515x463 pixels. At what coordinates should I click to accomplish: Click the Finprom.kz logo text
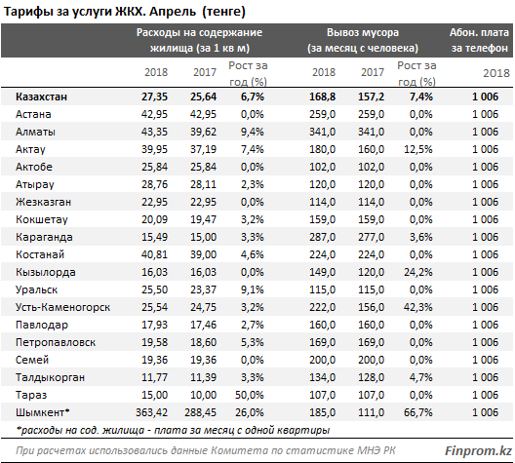coord(478,450)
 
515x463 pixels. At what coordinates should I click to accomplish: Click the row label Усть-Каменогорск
coord(62,307)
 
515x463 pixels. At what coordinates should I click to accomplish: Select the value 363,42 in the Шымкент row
coord(151,412)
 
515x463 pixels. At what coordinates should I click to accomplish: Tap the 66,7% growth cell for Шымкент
coord(418,412)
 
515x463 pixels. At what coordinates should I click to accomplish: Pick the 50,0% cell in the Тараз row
coord(250,395)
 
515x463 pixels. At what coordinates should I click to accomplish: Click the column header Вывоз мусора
coord(363,32)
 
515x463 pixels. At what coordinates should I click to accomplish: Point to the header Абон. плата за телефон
coord(479,40)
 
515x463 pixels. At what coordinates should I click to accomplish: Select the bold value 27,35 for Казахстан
coord(154,96)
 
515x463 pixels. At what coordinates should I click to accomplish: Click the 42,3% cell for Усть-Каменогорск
coord(418,307)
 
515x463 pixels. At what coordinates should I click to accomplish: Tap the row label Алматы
coord(35,132)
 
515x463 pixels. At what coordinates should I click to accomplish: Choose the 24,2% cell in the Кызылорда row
coord(418,272)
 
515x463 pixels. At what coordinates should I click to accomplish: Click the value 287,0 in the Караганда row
coord(322,237)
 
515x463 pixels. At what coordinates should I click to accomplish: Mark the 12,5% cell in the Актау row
coord(418,149)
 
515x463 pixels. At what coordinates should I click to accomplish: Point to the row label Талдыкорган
coord(50,377)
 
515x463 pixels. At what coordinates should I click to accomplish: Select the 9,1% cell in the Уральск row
coord(253,289)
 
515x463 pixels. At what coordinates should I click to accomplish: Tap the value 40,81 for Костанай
coord(154,254)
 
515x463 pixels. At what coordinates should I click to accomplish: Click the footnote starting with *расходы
coord(173,430)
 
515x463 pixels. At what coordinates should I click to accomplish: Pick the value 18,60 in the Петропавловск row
coord(203,342)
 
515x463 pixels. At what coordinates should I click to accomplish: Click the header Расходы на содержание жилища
coord(199,40)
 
